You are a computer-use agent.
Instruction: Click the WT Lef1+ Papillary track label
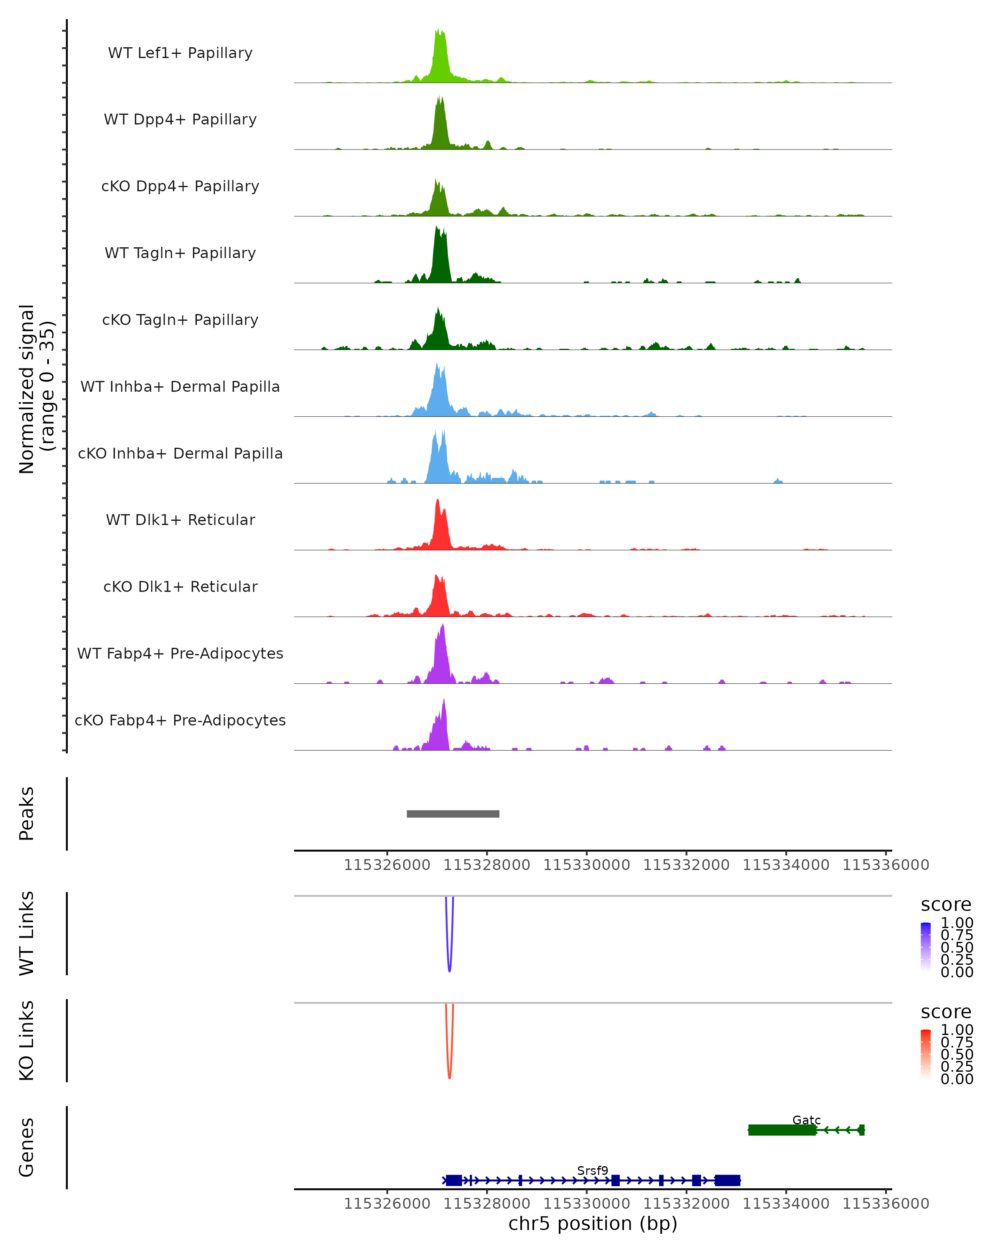[x=180, y=53]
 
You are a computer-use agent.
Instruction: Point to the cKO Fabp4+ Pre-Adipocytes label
[x=180, y=720]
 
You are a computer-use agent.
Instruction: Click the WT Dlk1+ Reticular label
[x=180, y=520]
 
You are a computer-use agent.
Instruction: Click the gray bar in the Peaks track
[x=453, y=814]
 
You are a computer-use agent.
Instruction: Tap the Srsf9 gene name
[x=593, y=1170]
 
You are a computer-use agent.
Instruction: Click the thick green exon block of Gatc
[x=782, y=1130]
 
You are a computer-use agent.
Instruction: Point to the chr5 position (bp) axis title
[x=593, y=1223]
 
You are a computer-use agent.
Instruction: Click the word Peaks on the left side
[x=27, y=814]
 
